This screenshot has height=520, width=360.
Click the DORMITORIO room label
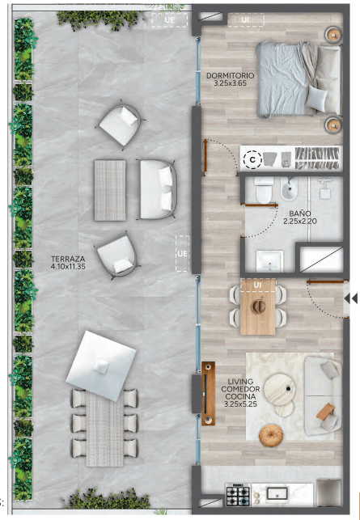231,75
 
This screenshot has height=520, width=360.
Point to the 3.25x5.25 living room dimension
240,404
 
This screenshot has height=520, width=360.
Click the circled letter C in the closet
252,160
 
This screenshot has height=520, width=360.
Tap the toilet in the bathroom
264,190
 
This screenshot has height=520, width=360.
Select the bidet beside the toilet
289,188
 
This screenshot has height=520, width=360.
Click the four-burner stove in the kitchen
238,495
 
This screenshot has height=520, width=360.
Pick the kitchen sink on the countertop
278,493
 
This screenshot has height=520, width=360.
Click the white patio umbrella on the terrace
101,366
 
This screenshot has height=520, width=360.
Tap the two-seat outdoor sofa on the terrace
158,189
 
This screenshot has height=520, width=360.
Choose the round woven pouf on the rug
271,435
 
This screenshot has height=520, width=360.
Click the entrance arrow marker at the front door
351,298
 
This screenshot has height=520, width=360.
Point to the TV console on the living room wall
209,393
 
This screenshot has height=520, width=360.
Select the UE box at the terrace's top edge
170,20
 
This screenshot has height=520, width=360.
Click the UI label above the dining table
257,285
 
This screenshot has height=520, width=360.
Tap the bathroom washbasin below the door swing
269,261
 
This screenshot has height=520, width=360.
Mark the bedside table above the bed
333,34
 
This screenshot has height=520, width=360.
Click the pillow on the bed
316,98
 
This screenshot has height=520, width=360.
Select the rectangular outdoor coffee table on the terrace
110,190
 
